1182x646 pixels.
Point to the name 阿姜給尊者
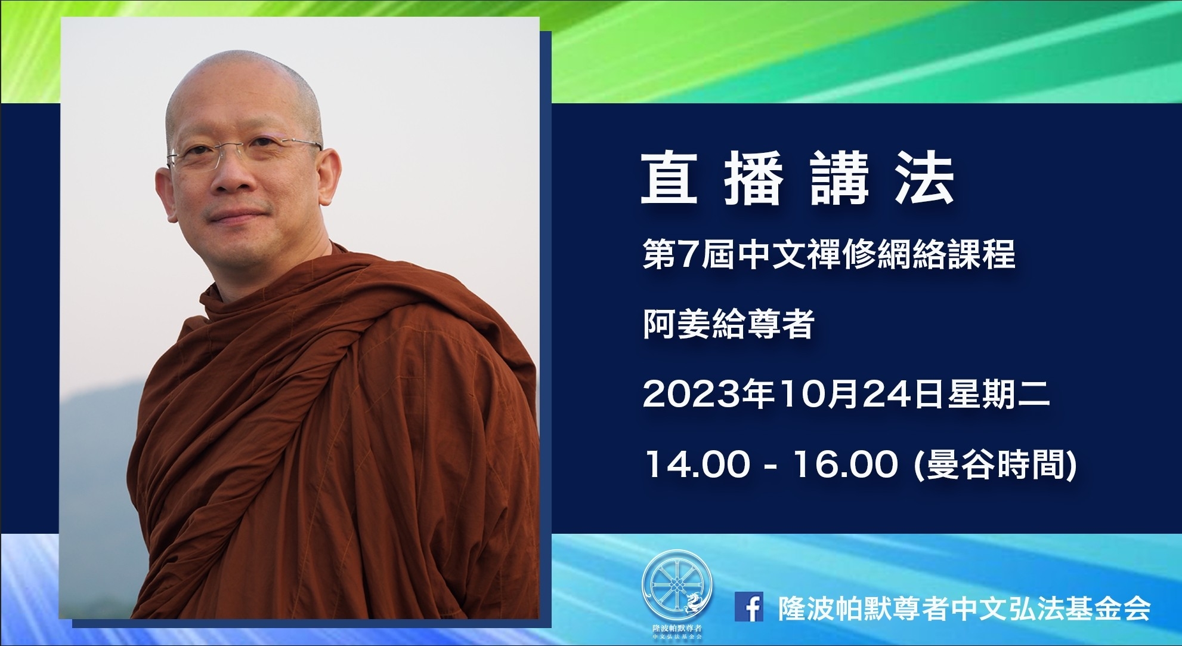click(x=728, y=325)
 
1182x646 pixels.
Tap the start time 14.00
click(x=696, y=464)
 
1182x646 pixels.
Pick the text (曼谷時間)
click(x=995, y=464)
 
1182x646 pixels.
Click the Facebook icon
click(x=749, y=607)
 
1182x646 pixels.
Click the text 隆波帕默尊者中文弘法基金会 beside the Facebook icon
click(x=964, y=608)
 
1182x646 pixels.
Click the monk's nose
click(x=228, y=176)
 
